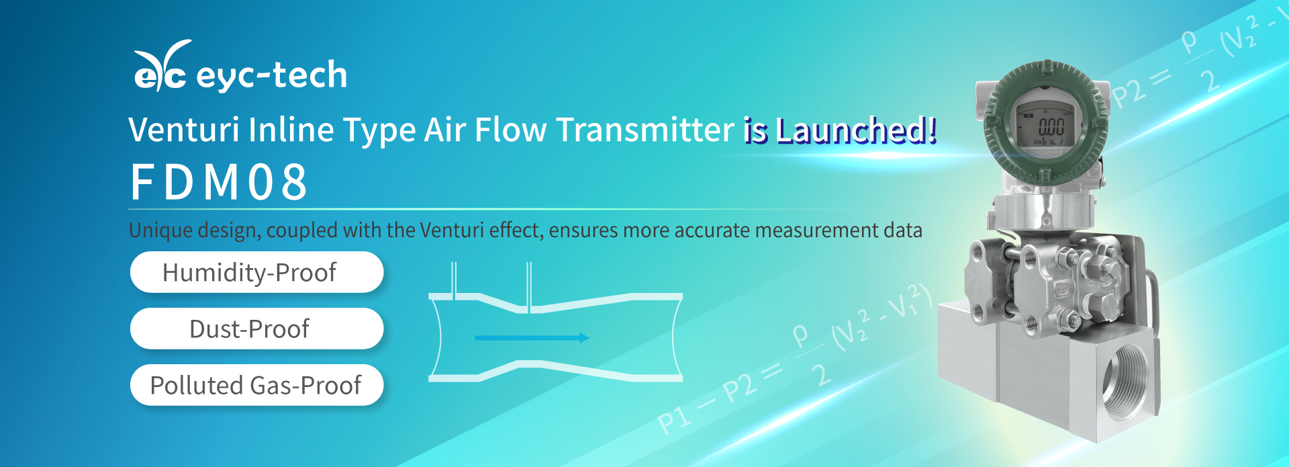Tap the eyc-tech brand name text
point(272,75)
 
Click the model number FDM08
point(219,182)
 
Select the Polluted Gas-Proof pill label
point(256,386)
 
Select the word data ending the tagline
point(902,230)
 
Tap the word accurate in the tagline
point(712,230)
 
